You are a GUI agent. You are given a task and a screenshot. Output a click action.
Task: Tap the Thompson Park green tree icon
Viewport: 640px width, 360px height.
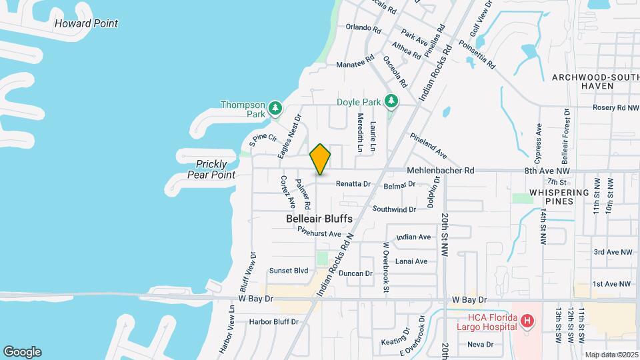click(274, 107)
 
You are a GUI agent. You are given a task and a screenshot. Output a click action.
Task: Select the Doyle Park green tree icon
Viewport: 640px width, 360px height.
click(392, 102)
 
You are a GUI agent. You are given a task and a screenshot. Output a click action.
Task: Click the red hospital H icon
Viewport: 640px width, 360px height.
click(527, 322)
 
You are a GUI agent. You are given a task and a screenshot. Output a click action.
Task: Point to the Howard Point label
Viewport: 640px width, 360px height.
click(86, 23)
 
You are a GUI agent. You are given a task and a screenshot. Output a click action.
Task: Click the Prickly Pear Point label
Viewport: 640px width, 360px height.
click(215, 169)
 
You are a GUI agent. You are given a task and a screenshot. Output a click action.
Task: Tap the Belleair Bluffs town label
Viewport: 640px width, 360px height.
click(319, 219)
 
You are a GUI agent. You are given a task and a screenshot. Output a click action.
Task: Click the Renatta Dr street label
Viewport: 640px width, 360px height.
click(353, 183)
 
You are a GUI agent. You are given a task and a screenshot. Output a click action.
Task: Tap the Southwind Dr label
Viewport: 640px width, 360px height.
click(394, 209)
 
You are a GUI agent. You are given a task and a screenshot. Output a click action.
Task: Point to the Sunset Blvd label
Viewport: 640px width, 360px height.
click(289, 271)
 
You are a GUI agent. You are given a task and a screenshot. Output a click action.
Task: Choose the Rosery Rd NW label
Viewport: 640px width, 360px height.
click(611, 107)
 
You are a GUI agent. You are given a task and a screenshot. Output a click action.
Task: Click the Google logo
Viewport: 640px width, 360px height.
click(22, 352)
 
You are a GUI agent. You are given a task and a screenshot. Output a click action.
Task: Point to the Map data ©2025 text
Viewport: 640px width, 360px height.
click(611, 355)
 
